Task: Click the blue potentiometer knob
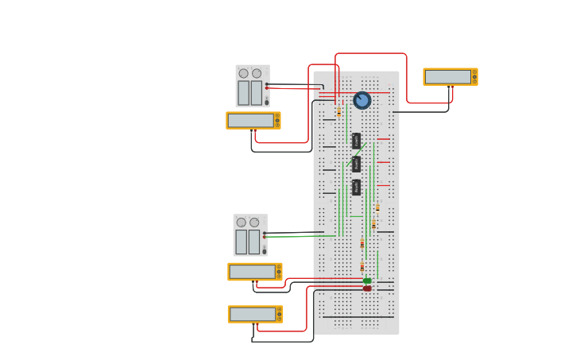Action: coord(362,100)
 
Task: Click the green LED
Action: coord(367,281)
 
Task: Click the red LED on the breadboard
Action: coord(367,288)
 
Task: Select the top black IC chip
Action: coord(357,141)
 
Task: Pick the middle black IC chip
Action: coord(357,164)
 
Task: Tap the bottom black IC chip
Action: coord(357,188)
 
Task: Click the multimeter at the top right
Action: coord(450,76)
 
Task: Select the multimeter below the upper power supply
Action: coord(253,121)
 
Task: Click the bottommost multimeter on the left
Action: coord(255,314)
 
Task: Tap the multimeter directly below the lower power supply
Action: coord(255,272)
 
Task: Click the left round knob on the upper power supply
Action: coord(243,73)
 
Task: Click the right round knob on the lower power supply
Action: coord(254,223)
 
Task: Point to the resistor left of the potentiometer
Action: coord(338,112)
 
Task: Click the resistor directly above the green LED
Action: coord(362,266)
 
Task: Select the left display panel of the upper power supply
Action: coord(243,92)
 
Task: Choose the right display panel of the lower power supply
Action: coord(254,242)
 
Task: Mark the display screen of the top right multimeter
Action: coord(447,76)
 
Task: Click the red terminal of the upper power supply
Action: coord(267,88)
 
